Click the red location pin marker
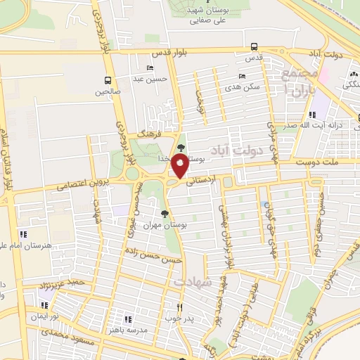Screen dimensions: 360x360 [180, 166]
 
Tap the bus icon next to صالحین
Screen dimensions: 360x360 [108, 79]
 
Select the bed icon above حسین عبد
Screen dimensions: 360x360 [149, 68]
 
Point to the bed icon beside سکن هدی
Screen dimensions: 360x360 [243, 76]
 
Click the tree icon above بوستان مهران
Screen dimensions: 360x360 [165, 212]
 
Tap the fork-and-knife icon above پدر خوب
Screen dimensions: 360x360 [179, 307]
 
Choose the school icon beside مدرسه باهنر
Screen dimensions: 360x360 [127, 319]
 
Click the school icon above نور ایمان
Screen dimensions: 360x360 [44, 306]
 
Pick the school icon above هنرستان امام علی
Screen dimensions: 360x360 [22, 233]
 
